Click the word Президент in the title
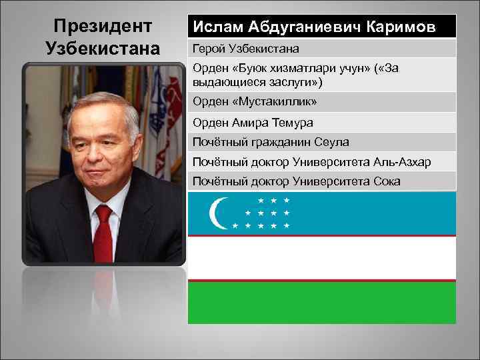(x=103, y=27)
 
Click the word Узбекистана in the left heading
(x=103, y=49)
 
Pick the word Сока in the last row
(x=386, y=181)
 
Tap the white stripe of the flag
(x=322, y=258)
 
